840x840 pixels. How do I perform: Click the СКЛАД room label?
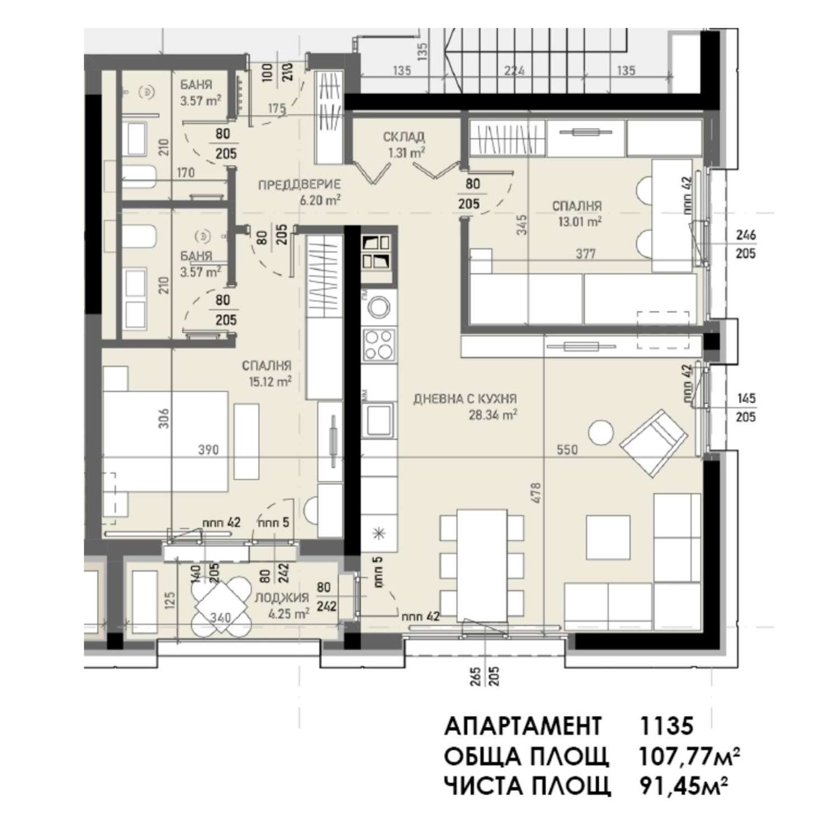[x=404, y=137]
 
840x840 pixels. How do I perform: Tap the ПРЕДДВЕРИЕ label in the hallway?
[x=300, y=184]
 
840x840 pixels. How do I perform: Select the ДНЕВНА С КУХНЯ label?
[x=465, y=399]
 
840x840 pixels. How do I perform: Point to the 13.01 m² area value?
[x=579, y=221]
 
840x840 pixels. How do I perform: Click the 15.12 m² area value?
[x=270, y=381]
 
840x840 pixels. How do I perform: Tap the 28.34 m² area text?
[x=492, y=415]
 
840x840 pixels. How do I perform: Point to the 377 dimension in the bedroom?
[x=586, y=254]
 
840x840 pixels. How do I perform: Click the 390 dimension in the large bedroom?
[x=208, y=450]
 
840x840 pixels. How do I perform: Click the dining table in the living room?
[x=482, y=564]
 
